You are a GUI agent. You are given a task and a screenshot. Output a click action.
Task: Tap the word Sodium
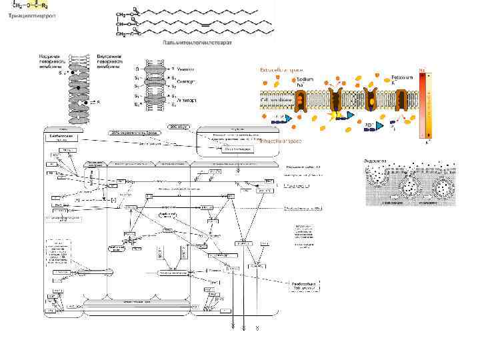305,79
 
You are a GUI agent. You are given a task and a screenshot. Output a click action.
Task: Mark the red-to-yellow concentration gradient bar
422,103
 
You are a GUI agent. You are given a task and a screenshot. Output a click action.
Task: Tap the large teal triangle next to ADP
379,125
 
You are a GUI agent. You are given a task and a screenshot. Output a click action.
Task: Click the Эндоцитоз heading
375,161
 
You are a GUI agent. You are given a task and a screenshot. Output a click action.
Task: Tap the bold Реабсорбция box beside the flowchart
306,285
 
